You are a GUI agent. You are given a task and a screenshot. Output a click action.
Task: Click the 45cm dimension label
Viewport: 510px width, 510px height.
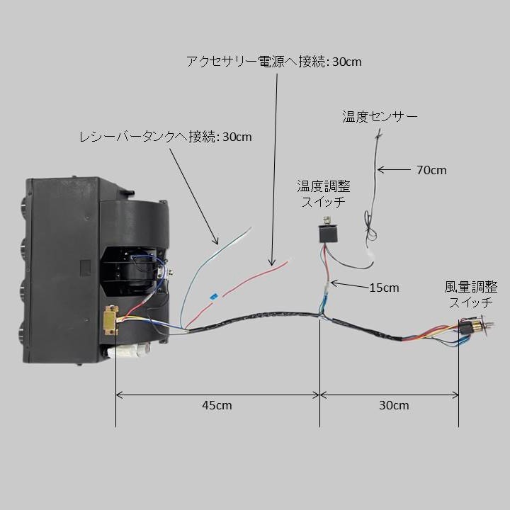(x=217, y=405)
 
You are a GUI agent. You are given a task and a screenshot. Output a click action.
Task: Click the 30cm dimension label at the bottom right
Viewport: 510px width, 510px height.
(x=393, y=405)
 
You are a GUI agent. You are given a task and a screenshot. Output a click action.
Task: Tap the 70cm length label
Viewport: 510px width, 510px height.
(x=431, y=170)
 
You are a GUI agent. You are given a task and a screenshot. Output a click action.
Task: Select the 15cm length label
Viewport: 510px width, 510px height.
(x=385, y=287)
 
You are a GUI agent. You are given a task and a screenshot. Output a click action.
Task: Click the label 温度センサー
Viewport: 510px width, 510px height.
(x=380, y=116)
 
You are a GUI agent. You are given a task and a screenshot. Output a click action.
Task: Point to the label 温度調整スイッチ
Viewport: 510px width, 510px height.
(x=324, y=193)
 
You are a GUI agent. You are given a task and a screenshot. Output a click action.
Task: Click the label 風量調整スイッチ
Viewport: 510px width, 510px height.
(x=471, y=295)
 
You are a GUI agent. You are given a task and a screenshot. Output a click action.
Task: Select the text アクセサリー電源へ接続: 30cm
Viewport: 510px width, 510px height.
(x=273, y=62)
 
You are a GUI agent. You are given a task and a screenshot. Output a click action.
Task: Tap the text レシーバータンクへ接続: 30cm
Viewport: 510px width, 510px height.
(x=165, y=136)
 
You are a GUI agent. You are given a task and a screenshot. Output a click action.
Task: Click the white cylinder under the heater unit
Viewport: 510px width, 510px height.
(x=132, y=351)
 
